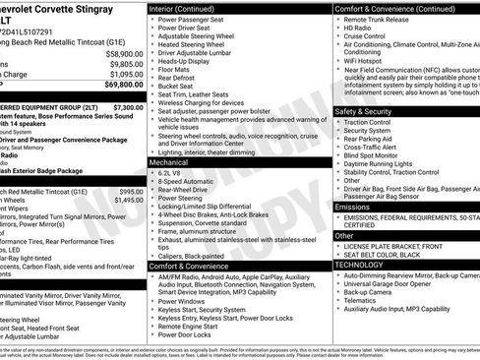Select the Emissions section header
coord(353,208)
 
